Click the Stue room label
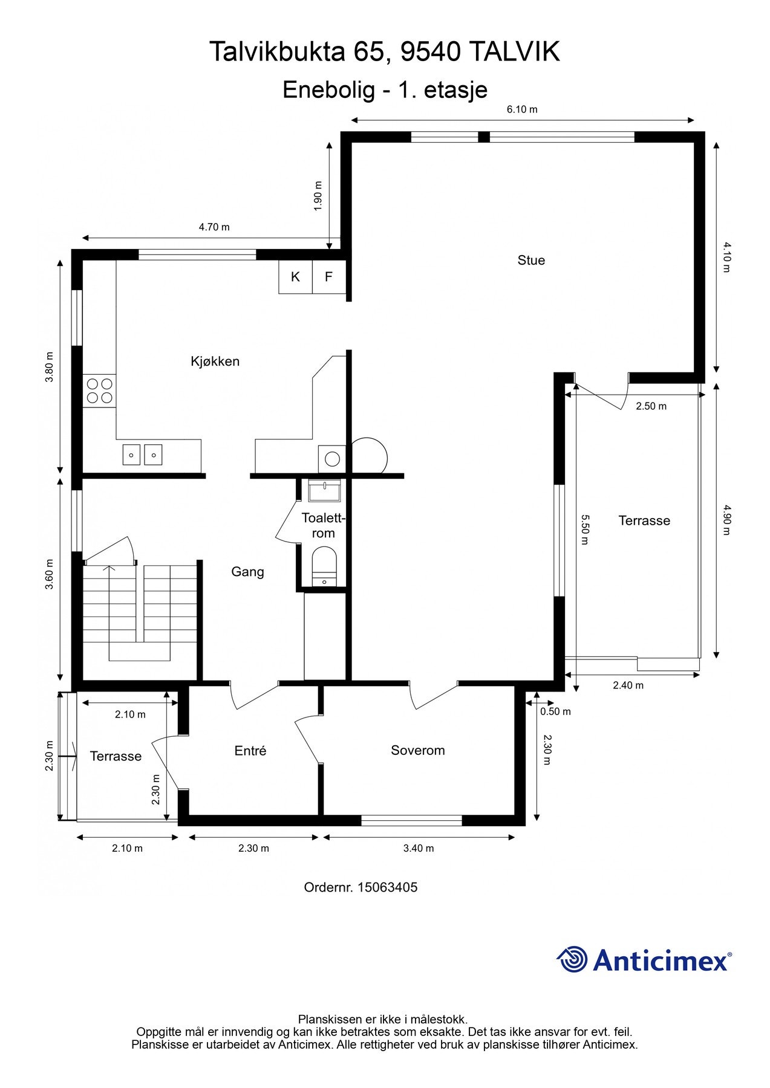click(531, 261)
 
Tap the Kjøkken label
click(215, 361)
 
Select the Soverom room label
click(417, 750)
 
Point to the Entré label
click(250, 750)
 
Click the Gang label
click(247, 572)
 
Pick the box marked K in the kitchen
click(295, 277)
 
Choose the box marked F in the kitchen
click(329, 277)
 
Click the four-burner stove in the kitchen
click(99, 390)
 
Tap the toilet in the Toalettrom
click(324, 566)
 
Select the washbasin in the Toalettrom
click(324, 490)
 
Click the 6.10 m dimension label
click(522, 109)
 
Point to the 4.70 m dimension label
click(214, 227)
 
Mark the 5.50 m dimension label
click(584, 529)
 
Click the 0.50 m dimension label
click(555, 711)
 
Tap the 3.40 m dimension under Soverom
click(419, 848)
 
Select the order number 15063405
click(387, 887)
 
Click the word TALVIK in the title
click(514, 52)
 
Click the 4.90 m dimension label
click(726, 520)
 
